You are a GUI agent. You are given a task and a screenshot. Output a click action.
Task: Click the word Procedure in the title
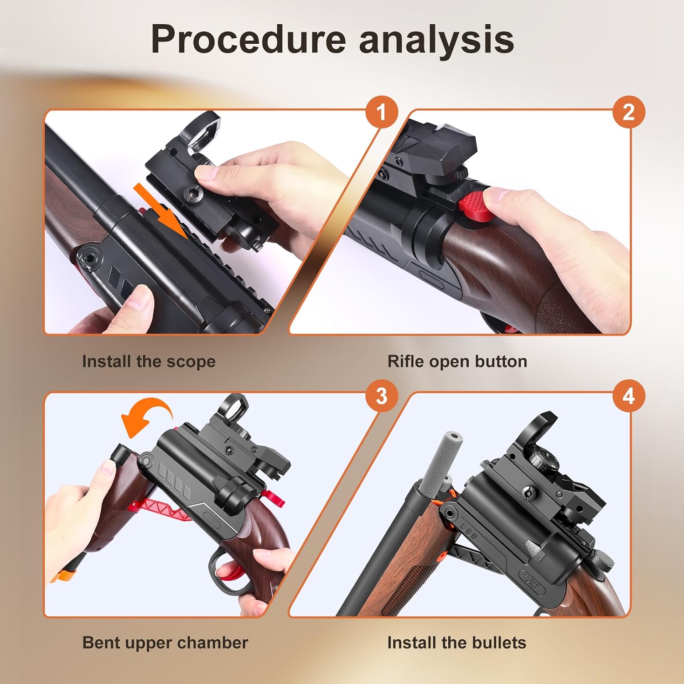click(x=249, y=39)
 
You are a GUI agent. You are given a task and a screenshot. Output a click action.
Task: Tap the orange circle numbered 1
click(x=382, y=112)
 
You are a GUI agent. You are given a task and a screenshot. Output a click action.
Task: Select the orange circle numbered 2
click(x=628, y=112)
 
